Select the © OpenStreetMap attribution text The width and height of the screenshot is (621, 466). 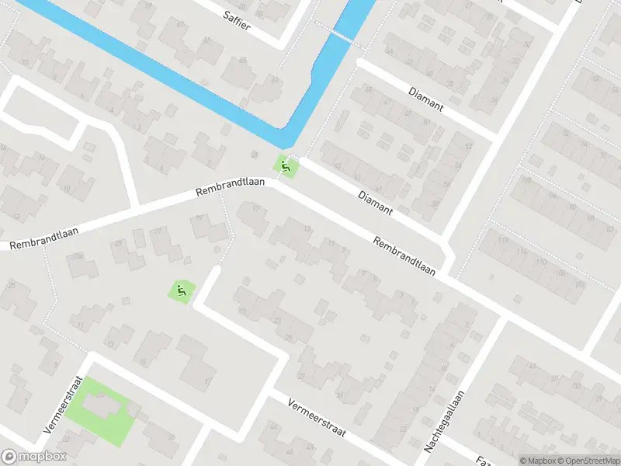(x=589, y=461)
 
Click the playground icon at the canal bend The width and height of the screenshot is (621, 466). (x=286, y=165)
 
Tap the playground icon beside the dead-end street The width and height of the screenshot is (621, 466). (x=182, y=291)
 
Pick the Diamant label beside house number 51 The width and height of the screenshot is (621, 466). (x=426, y=99)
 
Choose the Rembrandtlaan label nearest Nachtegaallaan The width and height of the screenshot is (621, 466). (x=404, y=256)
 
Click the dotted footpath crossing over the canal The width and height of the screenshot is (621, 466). (x=338, y=35)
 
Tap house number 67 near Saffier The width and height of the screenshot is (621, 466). (x=180, y=25)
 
